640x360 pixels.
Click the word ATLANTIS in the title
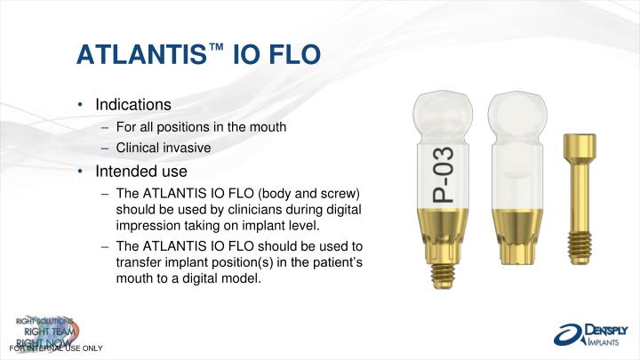coord(141,54)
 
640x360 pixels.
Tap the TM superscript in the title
coord(216,47)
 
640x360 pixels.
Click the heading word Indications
coord(133,105)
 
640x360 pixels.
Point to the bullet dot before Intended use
coord(80,172)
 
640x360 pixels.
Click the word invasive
coord(185,148)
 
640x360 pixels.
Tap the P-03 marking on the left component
coord(443,175)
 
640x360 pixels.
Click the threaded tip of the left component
coord(443,276)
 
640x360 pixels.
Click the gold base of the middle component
coord(517,236)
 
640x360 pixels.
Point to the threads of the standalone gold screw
coord(580,248)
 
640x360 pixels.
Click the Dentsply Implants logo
coord(590,335)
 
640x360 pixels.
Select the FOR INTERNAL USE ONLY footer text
coord(56,348)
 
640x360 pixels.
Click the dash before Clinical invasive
coord(105,148)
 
